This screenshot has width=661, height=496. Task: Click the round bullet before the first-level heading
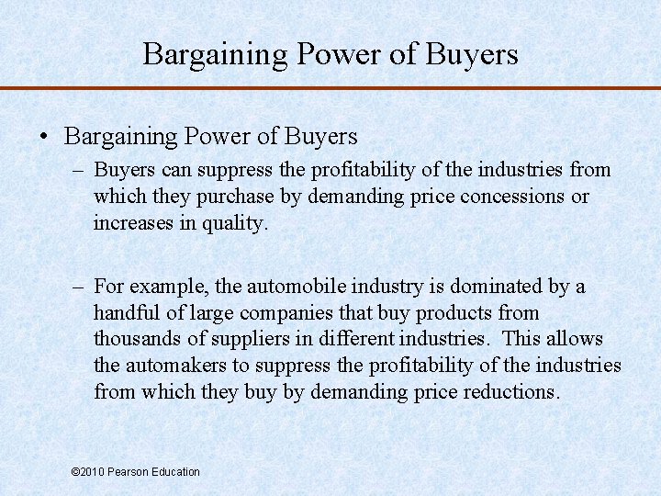[x=44, y=138]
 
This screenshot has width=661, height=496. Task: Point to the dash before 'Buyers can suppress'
[x=81, y=170]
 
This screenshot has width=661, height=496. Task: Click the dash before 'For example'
[x=81, y=287]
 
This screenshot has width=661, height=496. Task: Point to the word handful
[x=125, y=313]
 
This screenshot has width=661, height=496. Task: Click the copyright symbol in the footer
[x=75, y=472]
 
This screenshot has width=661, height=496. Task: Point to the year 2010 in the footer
[x=92, y=472]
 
